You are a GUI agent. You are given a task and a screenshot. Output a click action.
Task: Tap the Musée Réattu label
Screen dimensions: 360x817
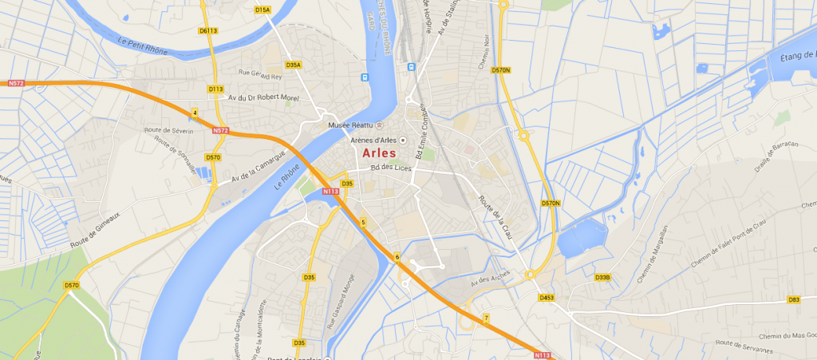(x=351, y=125)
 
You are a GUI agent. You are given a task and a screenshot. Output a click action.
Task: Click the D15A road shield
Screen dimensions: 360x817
(x=262, y=10)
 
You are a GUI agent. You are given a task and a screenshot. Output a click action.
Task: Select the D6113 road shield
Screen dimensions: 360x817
(x=208, y=31)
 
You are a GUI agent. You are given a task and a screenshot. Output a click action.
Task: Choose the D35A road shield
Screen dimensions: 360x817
(x=294, y=65)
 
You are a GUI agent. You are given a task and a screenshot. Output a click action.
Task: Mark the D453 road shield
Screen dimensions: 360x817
(x=547, y=298)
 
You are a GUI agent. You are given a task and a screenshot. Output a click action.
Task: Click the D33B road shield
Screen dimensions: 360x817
(x=602, y=278)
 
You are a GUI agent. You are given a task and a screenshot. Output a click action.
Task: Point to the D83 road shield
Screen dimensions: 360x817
(x=793, y=299)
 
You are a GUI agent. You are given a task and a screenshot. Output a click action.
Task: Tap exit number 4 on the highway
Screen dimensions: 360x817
(x=194, y=113)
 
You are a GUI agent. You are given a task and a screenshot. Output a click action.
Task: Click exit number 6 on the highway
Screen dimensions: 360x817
(x=397, y=256)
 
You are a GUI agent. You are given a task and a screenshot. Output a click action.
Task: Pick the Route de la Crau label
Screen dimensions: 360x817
(x=495, y=218)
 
